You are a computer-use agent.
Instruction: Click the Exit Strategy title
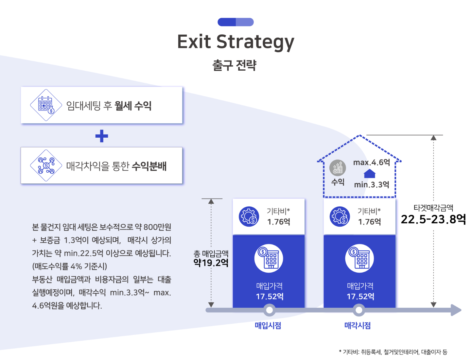tap(235, 42)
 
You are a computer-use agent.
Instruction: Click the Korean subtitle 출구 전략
tap(234, 65)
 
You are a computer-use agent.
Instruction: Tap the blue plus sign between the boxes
tap(101, 136)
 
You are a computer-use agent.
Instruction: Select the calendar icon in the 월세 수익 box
tap(46, 105)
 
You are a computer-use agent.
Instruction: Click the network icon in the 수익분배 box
tap(46, 165)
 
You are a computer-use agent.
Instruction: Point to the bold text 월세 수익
tap(133, 106)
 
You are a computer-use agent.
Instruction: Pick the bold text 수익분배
tap(149, 166)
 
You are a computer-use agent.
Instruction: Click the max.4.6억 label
tap(372, 162)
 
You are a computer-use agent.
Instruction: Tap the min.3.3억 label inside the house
tap(372, 184)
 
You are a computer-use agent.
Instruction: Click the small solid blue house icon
tap(370, 173)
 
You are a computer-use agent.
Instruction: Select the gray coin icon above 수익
tap(338, 168)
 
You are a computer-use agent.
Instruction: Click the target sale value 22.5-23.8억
tap(433, 219)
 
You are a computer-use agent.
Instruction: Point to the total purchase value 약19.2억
tap(211, 263)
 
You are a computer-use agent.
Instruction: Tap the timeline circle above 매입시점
tap(269, 310)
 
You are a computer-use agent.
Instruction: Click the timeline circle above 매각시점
tap(359, 310)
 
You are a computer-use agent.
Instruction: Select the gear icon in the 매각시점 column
tap(340, 216)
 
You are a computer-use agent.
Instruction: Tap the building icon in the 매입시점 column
tap(269, 258)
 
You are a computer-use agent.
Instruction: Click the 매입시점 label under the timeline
tap(268, 325)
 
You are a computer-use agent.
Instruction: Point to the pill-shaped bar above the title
tap(235, 22)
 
